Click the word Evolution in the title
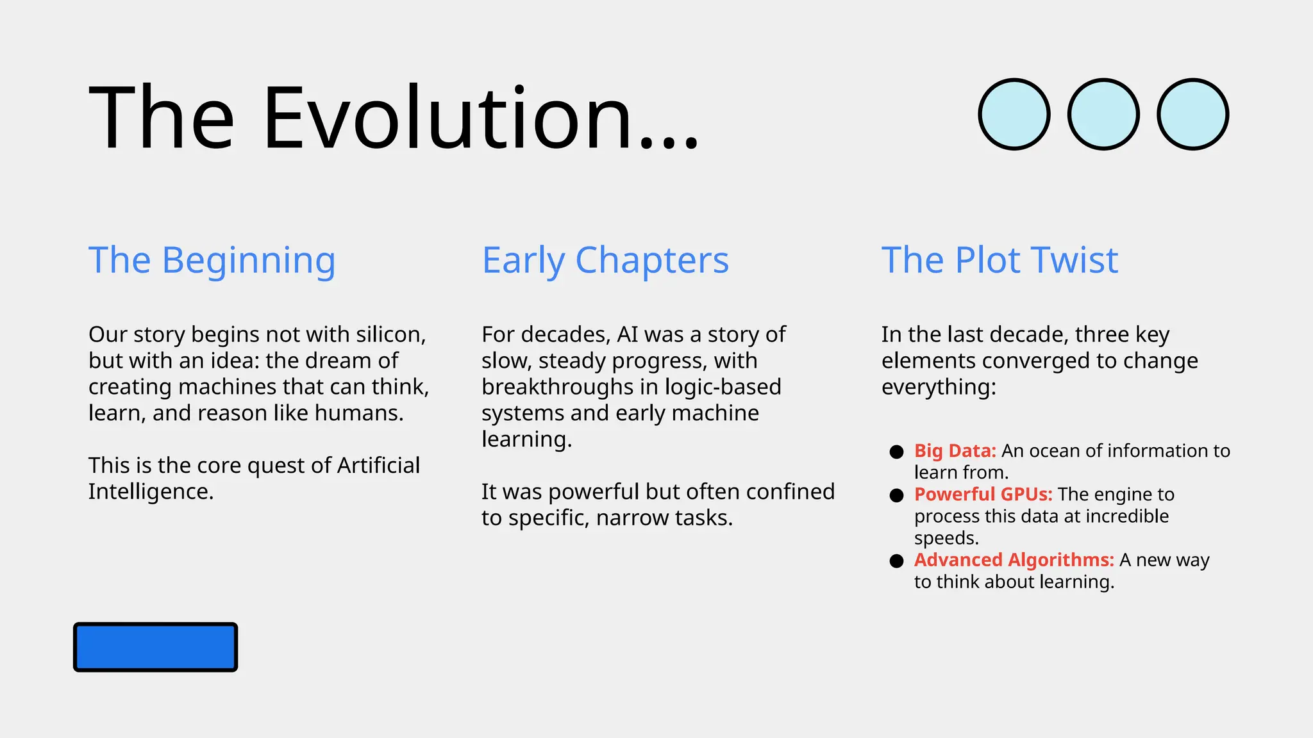click(481, 119)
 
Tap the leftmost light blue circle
click(1014, 115)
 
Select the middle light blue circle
click(1103, 115)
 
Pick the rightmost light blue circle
click(1192, 115)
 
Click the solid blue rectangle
click(156, 647)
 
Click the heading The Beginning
click(212, 260)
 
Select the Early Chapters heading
click(605, 260)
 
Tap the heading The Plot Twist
click(999, 260)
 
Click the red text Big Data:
click(955, 451)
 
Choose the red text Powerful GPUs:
click(983, 495)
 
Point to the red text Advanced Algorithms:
click(1014, 560)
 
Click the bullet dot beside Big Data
click(896, 452)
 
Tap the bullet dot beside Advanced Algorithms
click(896, 561)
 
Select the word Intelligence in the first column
click(150, 492)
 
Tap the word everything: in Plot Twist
click(939, 387)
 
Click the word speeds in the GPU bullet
click(946, 538)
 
